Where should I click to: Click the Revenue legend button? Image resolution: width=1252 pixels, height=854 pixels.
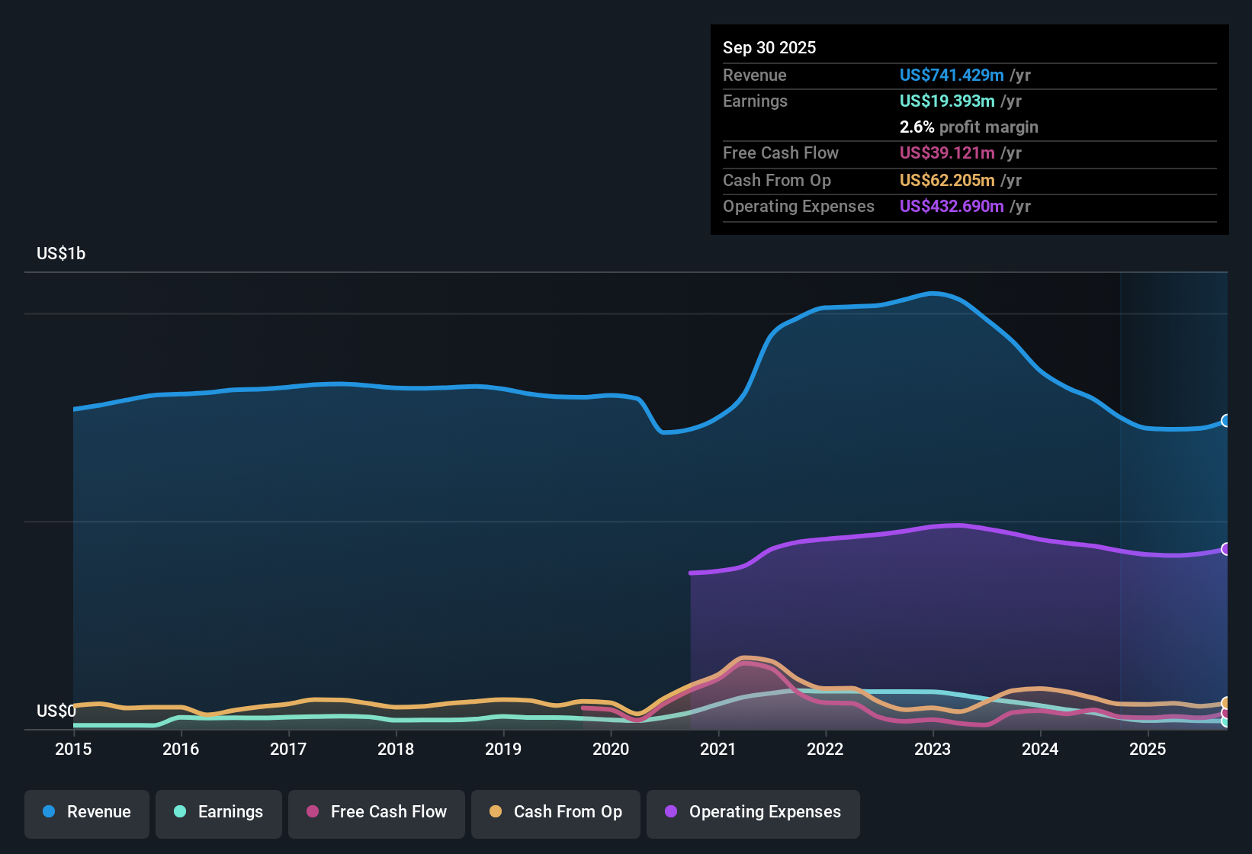tap(87, 812)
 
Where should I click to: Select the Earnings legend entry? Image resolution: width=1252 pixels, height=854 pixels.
tap(219, 812)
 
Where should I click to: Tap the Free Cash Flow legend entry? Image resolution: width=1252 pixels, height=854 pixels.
tap(377, 812)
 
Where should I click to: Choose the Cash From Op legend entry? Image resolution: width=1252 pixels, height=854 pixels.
tap(556, 812)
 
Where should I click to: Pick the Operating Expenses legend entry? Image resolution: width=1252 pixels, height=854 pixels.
tap(753, 812)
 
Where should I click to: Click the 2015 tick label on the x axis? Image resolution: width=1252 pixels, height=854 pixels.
tap(73, 749)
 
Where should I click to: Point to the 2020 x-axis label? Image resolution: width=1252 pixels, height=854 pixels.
tap(611, 749)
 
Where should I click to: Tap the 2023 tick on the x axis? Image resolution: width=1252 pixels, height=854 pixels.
tap(933, 749)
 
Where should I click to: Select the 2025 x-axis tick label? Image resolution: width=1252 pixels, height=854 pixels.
tap(1148, 749)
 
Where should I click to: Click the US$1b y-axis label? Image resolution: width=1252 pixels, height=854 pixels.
tap(61, 254)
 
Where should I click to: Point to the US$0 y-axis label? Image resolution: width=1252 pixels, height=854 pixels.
tap(56, 711)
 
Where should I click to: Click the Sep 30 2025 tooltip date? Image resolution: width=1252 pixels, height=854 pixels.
tap(769, 48)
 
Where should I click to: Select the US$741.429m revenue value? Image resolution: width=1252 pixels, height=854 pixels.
tap(952, 75)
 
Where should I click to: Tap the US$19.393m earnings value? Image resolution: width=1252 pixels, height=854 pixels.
tap(947, 101)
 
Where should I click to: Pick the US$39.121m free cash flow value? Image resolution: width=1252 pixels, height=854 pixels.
tap(947, 153)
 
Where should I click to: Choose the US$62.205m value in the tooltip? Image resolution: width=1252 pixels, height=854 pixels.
tap(947, 181)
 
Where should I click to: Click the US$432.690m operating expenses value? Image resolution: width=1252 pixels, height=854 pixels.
tap(952, 207)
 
